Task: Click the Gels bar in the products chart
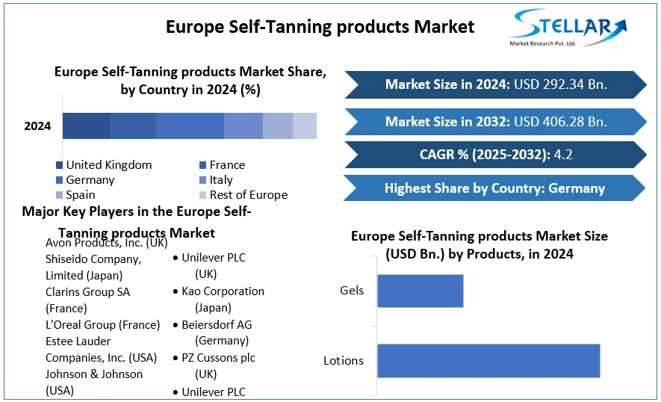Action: pyautogui.click(x=420, y=291)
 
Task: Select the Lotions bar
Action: pyautogui.click(x=488, y=360)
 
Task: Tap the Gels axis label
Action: pyautogui.click(x=352, y=290)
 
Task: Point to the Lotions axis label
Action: pyautogui.click(x=344, y=360)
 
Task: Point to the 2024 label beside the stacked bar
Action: pyautogui.click(x=37, y=126)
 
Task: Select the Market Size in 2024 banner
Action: pyautogui.click(x=495, y=84)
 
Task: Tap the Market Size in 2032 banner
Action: pyautogui.click(x=495, y=121)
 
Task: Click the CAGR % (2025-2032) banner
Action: pyautogui.click(x=495, y=155)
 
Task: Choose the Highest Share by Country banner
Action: pyautogui.click(x=494, y=188)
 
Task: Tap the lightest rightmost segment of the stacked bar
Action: pyautogui.click(x=305, y=126)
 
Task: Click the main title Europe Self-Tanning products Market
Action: pyautogui.click(x=320, y=27)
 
